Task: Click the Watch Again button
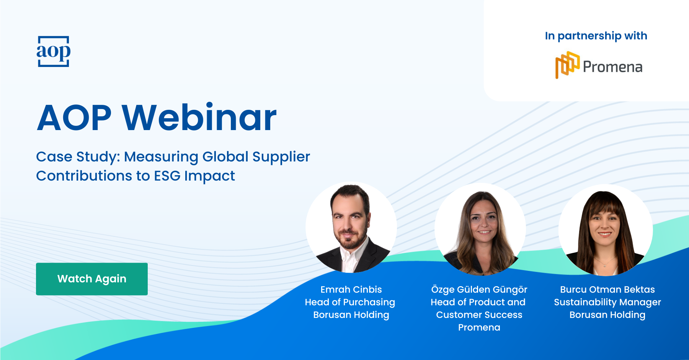point(92,279)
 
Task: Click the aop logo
point(54,51)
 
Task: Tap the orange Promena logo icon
point(567,65)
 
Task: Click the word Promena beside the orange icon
point(612,67)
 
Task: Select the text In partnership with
point(596,36)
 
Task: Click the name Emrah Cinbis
point(351,290)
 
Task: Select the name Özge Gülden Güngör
point(479,290)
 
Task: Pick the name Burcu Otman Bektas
point(607,290)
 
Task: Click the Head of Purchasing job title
point(350,302)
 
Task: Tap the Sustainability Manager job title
point(607,302)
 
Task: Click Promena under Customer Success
point(479,327)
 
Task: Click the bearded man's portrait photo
point(351,227)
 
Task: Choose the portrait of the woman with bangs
point(606,230)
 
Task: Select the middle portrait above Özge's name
point(480,229)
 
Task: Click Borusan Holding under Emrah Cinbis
point(351,315)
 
